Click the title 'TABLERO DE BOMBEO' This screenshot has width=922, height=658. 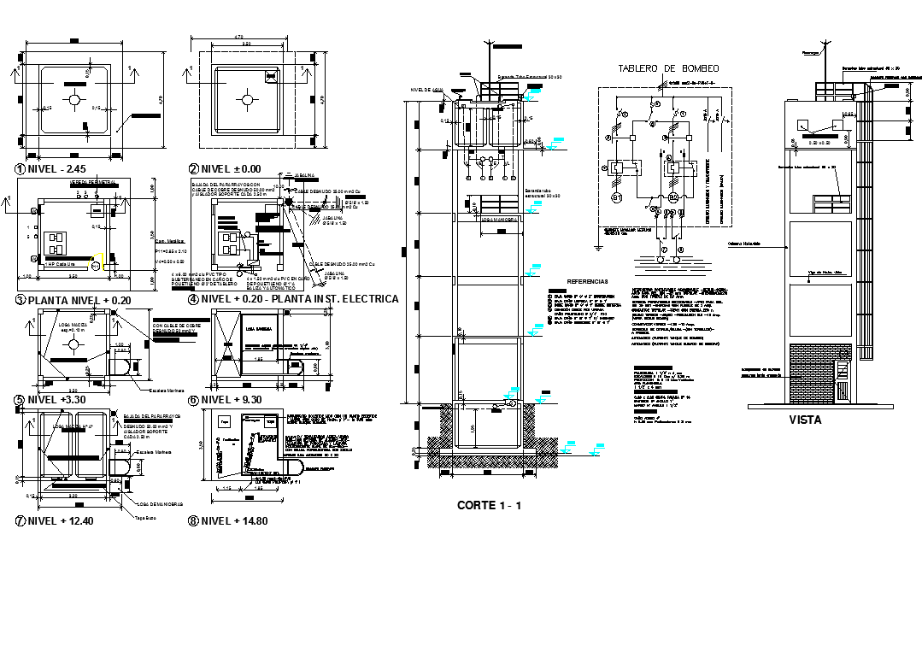[x=668, y=68]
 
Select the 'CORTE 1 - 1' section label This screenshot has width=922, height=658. [x=489, y=505]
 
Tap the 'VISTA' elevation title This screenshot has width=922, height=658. [x=805, y=420]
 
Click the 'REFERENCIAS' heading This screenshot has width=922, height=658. [x=587, y=281]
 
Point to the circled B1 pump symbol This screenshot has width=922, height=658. [x=619, y=200]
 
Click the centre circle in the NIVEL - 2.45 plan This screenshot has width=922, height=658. [x=75, y=100]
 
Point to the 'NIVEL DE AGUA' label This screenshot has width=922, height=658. [x=426, y=89]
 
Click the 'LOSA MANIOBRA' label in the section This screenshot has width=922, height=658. [x=496, y=218]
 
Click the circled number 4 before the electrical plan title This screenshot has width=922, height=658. [x=193, y=299]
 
